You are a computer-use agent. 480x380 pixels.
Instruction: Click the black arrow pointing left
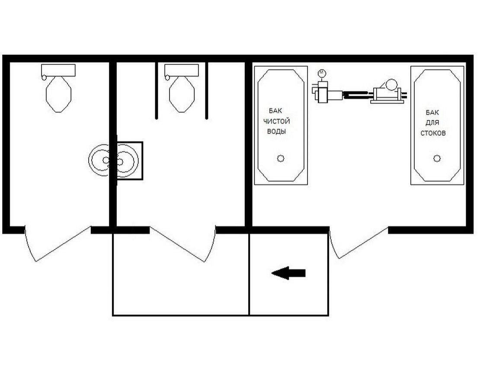point(288,273)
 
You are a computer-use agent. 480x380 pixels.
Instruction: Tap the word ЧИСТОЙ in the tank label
point(276,121)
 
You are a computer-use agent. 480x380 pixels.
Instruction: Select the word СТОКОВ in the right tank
point(433,133)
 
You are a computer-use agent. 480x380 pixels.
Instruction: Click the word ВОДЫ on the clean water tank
point(276,131)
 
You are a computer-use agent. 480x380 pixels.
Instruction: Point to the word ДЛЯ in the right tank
point(432,122)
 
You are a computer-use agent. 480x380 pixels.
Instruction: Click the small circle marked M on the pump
point(322,73)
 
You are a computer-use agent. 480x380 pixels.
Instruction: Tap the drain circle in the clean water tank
point(280,158)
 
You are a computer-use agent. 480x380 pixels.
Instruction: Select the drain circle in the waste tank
point(437,158)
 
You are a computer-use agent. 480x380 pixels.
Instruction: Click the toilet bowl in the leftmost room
point(58,94)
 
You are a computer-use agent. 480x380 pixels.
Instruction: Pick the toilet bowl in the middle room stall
point(182,94)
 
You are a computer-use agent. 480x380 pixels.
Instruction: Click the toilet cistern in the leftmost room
point(58,70)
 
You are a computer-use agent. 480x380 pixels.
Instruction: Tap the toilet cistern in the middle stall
point(182,70)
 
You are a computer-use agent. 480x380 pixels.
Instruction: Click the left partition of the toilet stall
point(157,90)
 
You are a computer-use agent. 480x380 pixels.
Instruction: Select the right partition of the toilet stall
point(207,90)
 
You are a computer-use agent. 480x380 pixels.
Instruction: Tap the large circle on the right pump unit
point(391,84)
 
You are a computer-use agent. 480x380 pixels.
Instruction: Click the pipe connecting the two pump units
point(358,95)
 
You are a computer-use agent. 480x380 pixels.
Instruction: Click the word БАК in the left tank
point(275,111)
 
